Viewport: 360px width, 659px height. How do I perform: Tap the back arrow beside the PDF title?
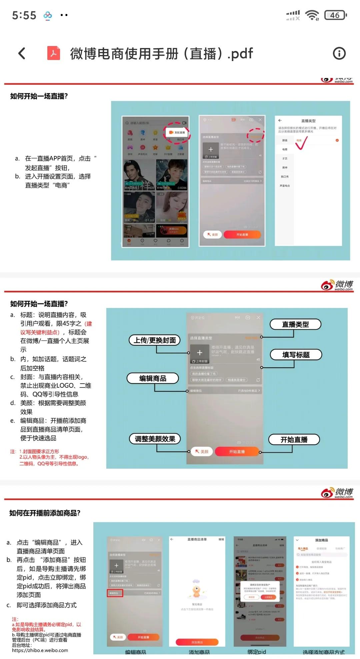point(22,53)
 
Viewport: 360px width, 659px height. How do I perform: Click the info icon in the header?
point(339,53)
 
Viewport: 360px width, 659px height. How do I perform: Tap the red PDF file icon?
point(54,53)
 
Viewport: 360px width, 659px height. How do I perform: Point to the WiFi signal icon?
point(312,15)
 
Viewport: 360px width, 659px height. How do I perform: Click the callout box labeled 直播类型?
point(295,324)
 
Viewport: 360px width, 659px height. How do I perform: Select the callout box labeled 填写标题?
point(296,355)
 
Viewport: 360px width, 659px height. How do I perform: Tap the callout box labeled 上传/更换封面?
point(155,340)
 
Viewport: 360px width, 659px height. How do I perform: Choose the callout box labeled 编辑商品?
point(153,378)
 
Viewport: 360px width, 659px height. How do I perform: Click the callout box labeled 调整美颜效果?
point(155,439)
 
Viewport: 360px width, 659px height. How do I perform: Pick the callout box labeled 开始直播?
point(294,440)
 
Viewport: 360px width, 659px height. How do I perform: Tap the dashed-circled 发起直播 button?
point(177,132)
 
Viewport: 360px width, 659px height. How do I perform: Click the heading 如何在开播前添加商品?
point(45,513)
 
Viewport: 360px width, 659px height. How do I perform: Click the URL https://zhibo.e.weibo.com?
point(40,650)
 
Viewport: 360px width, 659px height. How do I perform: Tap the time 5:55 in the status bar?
point(24,15)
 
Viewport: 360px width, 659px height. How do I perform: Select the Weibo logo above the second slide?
point(337,285)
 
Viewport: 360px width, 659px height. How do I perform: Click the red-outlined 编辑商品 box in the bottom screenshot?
point(115,593)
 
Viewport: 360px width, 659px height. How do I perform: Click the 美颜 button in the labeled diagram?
point(202,451)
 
